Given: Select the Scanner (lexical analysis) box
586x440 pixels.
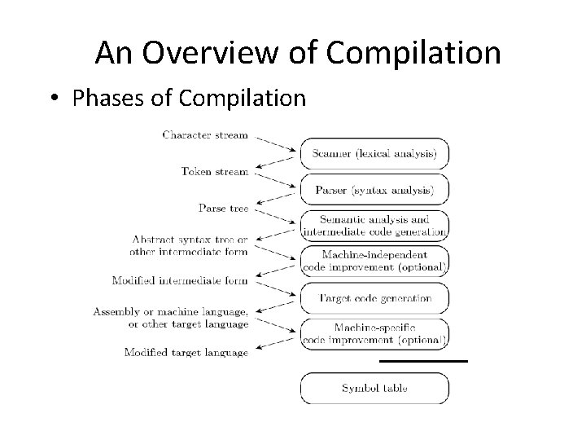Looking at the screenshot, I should tap(374, 152).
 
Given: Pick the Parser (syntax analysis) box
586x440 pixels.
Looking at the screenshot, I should tap(374, 190).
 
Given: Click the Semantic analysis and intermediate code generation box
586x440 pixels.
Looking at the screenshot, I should tap(374, 225).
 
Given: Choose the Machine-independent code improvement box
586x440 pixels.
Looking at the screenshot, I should tap(374, 261).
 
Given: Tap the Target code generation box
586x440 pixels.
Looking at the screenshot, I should tap(374, 298).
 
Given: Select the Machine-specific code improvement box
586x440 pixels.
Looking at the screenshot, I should tap(374, 333).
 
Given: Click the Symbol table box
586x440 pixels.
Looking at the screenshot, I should tap(374, 388).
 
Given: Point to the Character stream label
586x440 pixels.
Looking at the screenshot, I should tap(204, 134).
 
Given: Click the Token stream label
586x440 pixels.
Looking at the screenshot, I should tap(214, 171).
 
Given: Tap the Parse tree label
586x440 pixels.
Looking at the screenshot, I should tap(223, 208).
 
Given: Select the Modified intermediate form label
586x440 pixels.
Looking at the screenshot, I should tap(180, 281).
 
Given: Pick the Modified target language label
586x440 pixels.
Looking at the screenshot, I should tap(186, 352).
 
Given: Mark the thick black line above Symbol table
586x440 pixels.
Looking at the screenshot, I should tap(423, 359).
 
